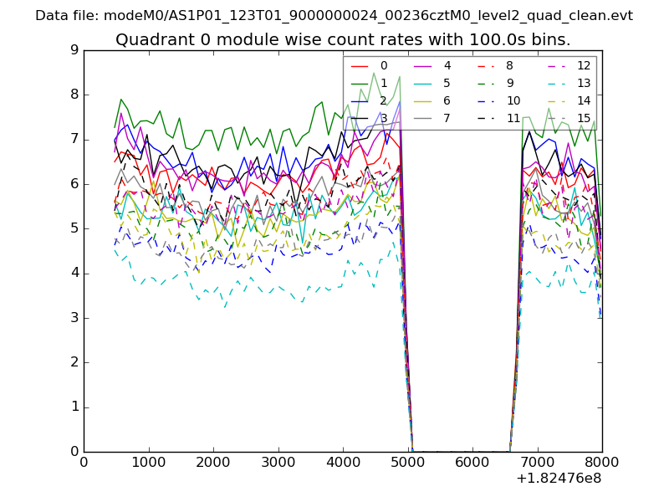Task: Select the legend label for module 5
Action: tap(447, 83)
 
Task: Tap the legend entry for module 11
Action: tap(513, 118)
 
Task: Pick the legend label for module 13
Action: tap(584, 83)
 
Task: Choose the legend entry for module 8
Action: tap(510, 65)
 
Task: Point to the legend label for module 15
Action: tap(584, 118)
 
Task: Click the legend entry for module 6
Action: tap(447, 100)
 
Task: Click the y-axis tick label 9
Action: tap(74, 50)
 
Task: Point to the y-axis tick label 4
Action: tap(74, 274)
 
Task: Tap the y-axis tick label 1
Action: tap(74, 407)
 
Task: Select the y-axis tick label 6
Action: tap(74, 184)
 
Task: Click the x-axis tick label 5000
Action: tap(407, 462)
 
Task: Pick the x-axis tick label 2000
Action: tap(212, 462)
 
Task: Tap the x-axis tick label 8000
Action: tap(602, 462)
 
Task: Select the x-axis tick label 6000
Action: tap(472, 462)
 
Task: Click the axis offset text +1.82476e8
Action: tap(559, 479)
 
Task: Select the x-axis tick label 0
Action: tap(84, 462)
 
